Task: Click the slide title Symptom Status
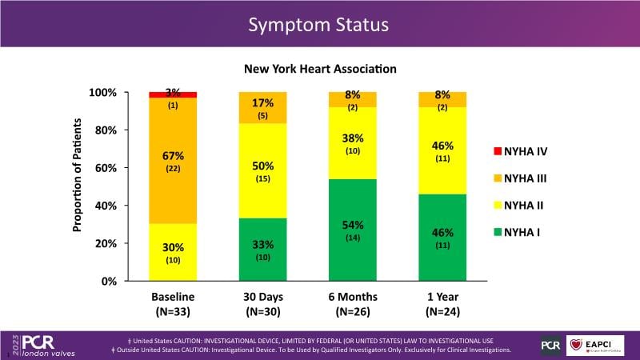pos(318,25)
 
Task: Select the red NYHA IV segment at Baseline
pos(173,94)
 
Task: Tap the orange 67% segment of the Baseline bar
pos(173,160)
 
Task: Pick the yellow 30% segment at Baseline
pos(173,252)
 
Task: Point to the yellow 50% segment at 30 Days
pos(262,171)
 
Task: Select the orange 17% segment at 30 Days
pos(262,108)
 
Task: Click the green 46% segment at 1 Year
pos(442,238)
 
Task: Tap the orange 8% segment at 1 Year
pos(442,99)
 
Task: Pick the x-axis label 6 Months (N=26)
pos(353,304)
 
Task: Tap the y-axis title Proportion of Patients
pos(78,175)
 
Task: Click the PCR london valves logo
pos(44,345)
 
